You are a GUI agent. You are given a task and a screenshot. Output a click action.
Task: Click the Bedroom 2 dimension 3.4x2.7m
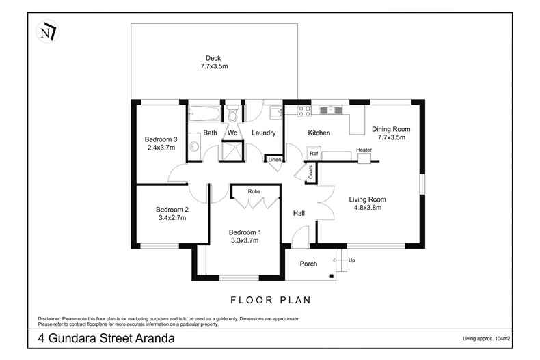(x=171, y=218)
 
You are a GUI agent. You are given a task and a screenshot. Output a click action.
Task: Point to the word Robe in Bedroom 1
(x=254, y=193)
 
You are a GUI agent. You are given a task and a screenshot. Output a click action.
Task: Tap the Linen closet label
(x=275, y=160)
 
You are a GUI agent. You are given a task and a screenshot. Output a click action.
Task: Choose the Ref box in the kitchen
(x=314, y=154)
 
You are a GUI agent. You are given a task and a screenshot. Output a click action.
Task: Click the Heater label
(x=364, y=150)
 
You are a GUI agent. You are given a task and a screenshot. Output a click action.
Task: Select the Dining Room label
(x=390, y=128)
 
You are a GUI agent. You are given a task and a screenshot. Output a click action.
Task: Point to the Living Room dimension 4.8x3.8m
(x=367, y=208)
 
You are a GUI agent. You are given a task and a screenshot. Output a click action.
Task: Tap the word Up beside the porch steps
(x=352, y=260)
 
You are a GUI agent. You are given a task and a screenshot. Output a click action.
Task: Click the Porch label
(x=309, y=264)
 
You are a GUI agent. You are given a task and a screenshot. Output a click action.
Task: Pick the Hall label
(x=299, y=214)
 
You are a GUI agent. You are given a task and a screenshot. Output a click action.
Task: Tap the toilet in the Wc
(x=232, y=113)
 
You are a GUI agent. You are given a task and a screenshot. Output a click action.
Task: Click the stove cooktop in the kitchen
(x=303, y=110)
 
